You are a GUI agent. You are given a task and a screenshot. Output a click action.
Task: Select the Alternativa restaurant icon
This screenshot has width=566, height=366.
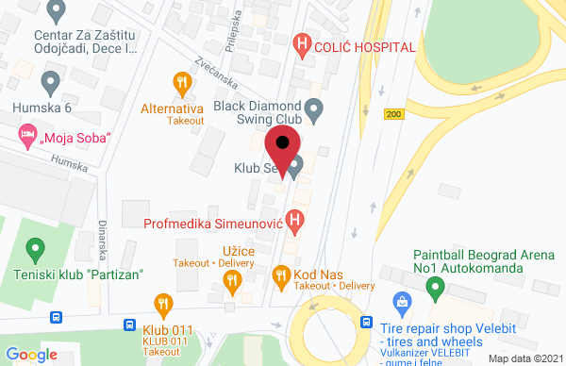click(181, 82)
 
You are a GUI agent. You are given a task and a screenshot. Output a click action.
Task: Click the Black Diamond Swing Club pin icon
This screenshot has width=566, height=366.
click(317, 111)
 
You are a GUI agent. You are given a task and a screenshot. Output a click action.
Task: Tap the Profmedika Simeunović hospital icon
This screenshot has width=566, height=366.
click(296, 223)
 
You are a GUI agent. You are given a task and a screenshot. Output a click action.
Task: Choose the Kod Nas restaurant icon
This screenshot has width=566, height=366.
click(280, 275)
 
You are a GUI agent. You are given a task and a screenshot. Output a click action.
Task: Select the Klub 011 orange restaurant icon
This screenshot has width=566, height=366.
click(164, 305)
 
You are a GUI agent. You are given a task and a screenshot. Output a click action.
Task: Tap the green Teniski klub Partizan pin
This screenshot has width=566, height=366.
click(36, 250)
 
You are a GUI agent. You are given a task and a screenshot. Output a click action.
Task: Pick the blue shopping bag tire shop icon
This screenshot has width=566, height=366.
click(404, 304)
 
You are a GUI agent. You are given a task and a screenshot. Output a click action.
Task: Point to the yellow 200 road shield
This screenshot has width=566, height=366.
click(393, 113)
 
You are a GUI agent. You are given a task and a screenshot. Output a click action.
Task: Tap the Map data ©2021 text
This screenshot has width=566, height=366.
click(523, 358)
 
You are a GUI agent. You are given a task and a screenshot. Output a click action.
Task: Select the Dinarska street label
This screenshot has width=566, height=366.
click(100, 241)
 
